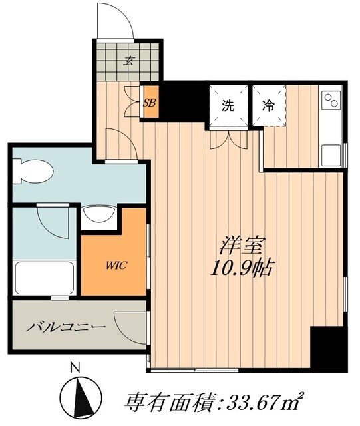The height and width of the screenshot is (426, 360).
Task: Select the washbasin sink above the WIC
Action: click(x=100, y=218)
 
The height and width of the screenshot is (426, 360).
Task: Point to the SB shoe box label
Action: click(x=150, y=102)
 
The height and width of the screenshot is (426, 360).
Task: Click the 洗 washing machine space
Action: click(x=228, y=105)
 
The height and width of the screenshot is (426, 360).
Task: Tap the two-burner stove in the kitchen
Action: click(x=331, y=101)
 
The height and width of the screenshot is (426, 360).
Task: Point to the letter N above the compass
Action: click(x=75, y=366)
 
